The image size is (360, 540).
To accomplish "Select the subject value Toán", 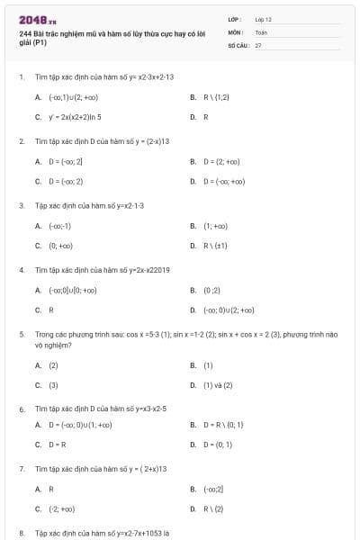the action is (261, 31).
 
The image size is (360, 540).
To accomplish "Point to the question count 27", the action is (258, 44).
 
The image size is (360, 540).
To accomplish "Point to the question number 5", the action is (22, 334).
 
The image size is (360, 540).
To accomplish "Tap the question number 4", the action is (22, 270).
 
